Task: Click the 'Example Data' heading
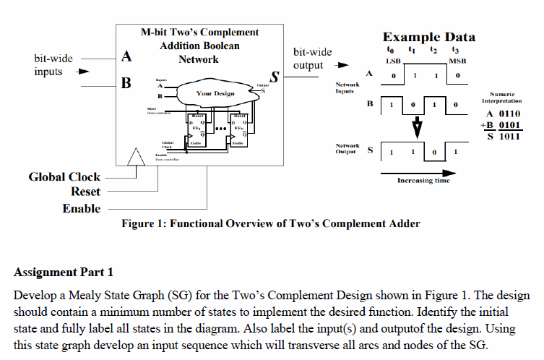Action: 428,37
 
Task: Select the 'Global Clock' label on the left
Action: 64,176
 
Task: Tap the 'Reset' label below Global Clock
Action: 85,192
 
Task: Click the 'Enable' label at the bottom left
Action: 82,209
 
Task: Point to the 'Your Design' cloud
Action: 215,94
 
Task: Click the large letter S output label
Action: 275,77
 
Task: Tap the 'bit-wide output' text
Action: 313,59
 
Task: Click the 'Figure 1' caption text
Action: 269,223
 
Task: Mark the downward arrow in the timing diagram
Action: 415,129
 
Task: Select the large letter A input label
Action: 127,55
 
